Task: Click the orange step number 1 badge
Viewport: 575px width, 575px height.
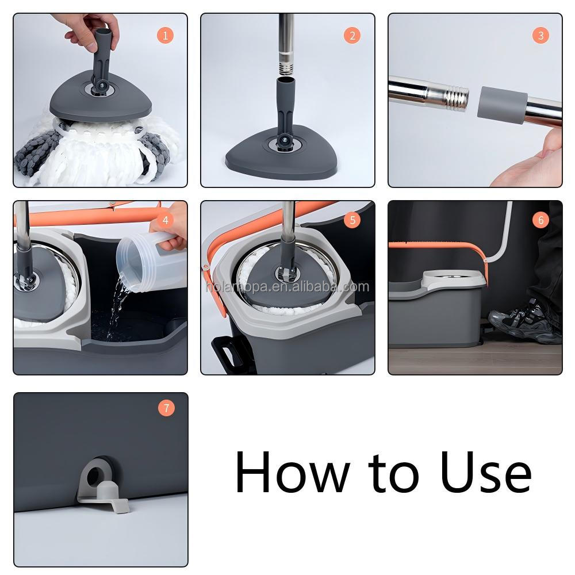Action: pyautogui.click(x=165, y=36)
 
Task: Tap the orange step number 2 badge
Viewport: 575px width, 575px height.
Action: pyautogui.click(x=352, y=36)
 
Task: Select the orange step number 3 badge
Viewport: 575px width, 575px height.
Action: pyautogui.click(x=540, y=36)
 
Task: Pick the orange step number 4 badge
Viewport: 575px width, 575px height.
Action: pyautogui.click(x=165, y=220)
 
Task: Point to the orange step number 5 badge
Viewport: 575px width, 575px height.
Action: pyautogui.click(x=352, y=220)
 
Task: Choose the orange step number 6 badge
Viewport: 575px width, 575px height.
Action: pyautogui.click(x=540, y=220)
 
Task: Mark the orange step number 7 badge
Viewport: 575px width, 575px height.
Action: pyautogui.click(x=166, y=408)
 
